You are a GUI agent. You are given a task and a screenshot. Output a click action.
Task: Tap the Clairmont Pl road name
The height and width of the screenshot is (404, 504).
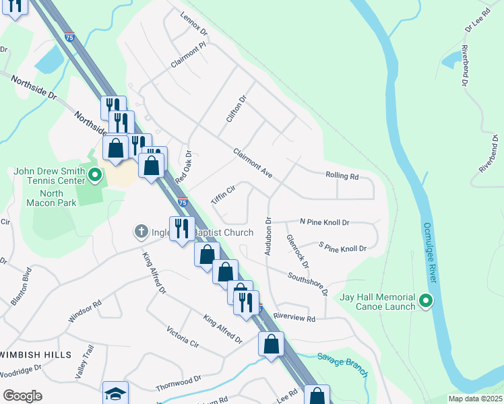[x=189, y=53]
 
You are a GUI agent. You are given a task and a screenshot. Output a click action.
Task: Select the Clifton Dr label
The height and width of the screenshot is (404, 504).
[x=237, y=108]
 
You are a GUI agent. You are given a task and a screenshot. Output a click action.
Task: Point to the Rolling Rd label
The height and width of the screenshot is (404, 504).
[x=342, y=177]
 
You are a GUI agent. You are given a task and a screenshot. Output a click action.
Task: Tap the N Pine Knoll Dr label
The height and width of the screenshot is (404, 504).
[x=325, y=222]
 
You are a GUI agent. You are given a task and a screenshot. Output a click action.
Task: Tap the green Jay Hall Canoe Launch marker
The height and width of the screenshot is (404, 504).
[x=425, y=300]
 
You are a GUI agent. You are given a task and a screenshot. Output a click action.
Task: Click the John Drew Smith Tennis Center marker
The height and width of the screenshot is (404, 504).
[x=95, y=176]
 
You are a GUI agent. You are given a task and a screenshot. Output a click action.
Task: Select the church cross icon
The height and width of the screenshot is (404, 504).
[x=141, y=232]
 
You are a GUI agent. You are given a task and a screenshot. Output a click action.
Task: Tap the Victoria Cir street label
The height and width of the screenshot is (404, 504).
[x=183, y=337]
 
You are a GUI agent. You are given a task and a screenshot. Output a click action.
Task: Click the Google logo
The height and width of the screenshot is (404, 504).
[x=22, y=396]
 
